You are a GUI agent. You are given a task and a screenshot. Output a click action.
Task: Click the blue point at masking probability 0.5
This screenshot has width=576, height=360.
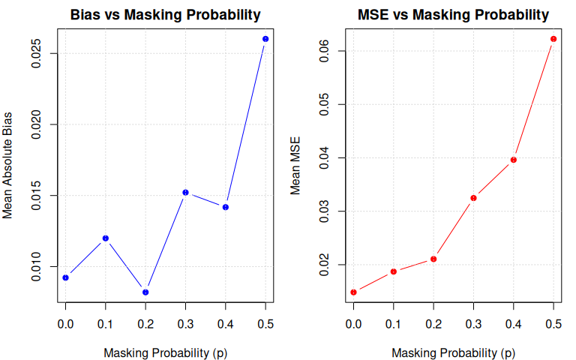click(265, 39)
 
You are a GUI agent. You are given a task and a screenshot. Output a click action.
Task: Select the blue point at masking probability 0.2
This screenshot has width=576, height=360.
click(145, 292)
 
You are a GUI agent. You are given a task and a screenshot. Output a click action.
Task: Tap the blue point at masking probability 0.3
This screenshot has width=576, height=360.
click(185, 193)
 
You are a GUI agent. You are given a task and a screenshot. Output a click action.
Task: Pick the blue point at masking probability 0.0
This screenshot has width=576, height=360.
click(65, 277)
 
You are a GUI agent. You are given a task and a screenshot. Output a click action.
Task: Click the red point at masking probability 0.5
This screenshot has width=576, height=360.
click(553, 39)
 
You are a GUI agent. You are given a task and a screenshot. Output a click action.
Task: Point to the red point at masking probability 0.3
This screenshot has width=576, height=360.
click(473, 198)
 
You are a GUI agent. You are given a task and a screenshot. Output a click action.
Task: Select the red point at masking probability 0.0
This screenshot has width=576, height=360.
click(353, 292)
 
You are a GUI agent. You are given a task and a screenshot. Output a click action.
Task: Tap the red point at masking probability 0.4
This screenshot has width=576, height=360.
click(514, 160)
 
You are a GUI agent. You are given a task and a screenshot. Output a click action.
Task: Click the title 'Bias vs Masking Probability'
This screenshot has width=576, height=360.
click(166, 14)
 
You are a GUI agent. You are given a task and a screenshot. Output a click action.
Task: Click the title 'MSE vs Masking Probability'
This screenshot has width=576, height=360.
click(454, 14)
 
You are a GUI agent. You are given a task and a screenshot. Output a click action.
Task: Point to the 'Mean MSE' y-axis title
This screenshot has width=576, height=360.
click(296, 165)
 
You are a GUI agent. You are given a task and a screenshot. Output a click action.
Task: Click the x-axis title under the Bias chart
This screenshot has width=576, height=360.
click(166, 352)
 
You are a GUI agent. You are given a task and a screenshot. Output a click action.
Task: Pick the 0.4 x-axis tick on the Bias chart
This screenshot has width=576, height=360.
click(226, 323)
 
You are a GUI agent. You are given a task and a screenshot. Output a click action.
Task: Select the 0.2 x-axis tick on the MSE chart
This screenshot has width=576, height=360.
click(433, 323)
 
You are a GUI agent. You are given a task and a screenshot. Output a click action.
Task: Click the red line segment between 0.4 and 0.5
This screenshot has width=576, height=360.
click(533, 100)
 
